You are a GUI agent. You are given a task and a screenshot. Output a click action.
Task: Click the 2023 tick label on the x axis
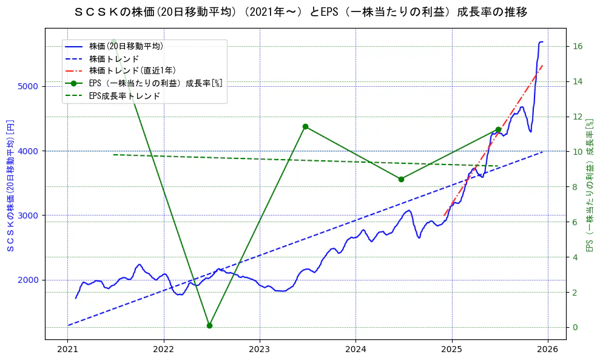pyautogui.click(x=260, y=349)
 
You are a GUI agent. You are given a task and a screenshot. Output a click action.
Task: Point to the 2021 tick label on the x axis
pyautogui.click(x=67, y=349)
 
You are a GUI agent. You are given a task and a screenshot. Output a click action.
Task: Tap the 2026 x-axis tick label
pyautogui.click(x=548, y=349)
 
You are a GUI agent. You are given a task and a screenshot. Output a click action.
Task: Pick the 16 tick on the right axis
pyautogui.click(x=578, y=46)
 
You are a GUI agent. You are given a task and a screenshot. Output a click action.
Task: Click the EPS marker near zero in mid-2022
pyautogui.click(x=209, y=325)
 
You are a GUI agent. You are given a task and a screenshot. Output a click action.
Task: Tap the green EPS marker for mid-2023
pyautogui.click(x=305, y=126)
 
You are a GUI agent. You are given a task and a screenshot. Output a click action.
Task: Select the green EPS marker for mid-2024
pyautogui.click(x=401, y=179)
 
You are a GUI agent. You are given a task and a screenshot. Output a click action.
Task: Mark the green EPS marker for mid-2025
pyautogui.click(x=498, y=129)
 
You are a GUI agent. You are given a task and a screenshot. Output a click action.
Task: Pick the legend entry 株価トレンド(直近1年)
pyautogui.click(x=132, y=71)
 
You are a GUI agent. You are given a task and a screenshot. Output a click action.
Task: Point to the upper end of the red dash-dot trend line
pyautogui.click(x=542, y=65)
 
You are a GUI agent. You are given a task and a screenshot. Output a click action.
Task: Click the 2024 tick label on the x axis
pyautogui.click(x=356, y=349)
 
